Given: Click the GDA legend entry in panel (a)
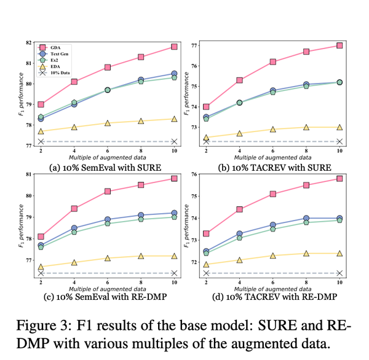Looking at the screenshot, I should tap(59, 46).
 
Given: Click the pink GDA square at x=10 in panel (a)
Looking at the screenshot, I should tap(174, 47).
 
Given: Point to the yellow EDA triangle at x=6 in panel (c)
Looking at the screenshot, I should tap(108, 259).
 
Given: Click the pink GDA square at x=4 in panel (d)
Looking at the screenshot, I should tap(239, 209).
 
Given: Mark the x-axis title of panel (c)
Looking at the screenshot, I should tap(108, 289).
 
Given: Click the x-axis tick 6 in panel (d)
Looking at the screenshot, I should tap(272, 282).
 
